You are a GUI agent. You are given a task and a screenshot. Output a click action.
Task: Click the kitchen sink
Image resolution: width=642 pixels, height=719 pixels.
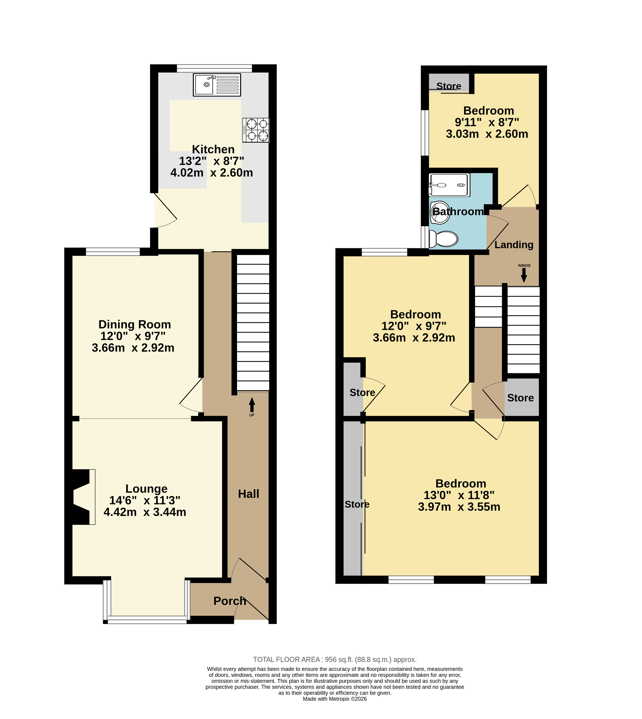point(217,85)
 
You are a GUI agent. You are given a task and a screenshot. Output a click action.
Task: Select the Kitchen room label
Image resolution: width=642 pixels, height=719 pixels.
point(213,149)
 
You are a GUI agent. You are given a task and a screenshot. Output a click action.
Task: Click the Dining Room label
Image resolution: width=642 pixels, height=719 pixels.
point(135,324)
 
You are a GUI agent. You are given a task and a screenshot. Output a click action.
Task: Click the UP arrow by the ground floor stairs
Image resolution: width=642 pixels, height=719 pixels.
point(252,405)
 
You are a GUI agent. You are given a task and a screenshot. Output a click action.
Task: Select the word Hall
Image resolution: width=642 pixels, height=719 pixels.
point(249,494)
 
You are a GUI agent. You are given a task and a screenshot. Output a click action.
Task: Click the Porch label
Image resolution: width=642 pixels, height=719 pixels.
point(230,601)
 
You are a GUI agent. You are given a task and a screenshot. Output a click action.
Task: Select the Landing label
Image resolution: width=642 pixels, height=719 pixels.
point(514,245)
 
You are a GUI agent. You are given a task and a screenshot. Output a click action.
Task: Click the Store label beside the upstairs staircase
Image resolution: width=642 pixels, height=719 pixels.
point(521,398)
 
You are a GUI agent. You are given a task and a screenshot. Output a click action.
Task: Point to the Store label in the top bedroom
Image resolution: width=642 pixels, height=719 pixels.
point(449,86)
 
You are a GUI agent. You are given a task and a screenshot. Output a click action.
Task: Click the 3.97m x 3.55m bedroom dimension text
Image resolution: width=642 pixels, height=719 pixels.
point(459,507)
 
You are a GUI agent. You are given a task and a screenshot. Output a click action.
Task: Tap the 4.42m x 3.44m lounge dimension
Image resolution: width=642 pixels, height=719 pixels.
point(145,512)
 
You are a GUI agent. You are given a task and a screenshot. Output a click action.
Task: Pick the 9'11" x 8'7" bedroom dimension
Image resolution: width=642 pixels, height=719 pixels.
point(487,122)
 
